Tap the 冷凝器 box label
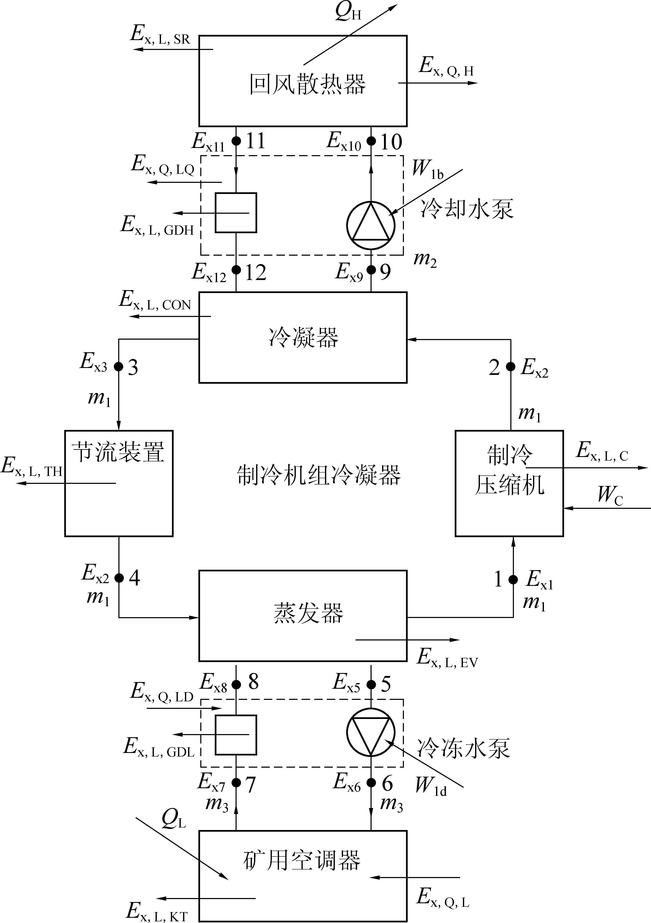tap(304, 337)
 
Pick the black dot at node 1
tap(513, 579)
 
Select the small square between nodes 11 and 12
tap(236, 213)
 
